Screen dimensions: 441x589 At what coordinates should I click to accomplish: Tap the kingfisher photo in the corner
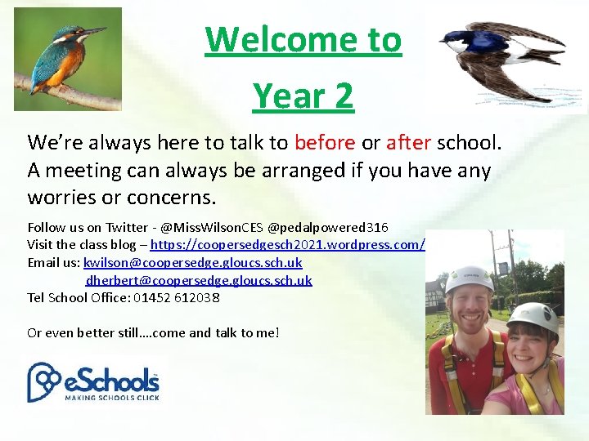68,59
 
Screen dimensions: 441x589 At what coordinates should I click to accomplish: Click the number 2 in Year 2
344,96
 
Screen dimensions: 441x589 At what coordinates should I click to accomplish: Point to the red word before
325,143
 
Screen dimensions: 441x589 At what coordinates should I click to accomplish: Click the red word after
409,143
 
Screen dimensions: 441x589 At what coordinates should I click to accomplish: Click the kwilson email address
192,262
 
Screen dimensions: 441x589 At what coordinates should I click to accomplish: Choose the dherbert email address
199,280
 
